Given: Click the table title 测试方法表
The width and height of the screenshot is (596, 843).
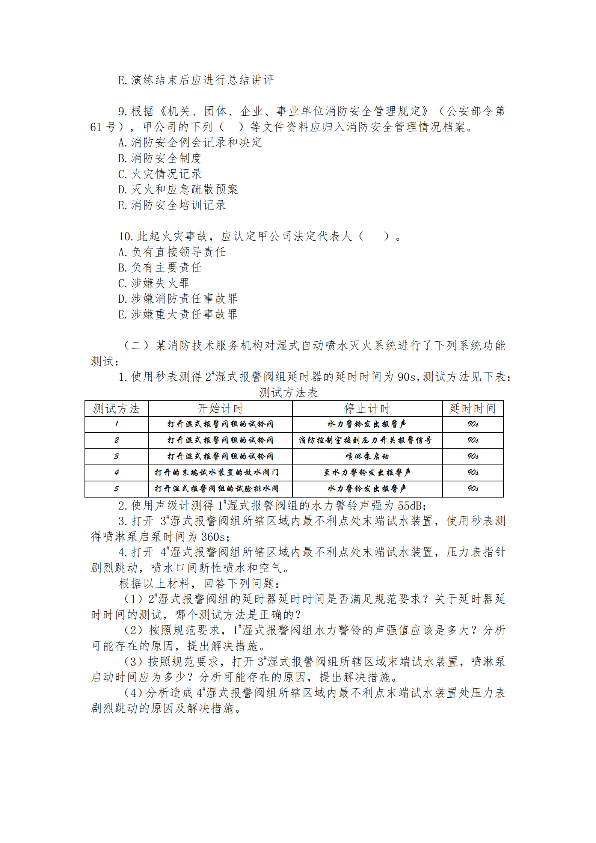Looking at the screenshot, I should click(288, 393).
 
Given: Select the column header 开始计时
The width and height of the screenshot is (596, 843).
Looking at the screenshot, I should click(220, 409).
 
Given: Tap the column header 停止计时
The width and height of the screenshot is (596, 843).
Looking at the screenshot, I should click(367, 409).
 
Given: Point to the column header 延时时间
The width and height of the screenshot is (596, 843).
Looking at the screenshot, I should click(472, 409).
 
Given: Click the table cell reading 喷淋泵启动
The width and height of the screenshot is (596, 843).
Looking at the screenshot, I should click(367, 457).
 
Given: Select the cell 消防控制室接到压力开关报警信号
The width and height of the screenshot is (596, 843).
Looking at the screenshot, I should click(365, 440).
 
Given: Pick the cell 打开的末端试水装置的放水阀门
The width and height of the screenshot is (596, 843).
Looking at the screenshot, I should click(217, 473).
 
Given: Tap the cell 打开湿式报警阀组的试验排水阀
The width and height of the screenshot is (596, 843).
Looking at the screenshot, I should click(217, 489).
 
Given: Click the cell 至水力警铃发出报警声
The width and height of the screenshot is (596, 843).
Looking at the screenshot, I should click(367, 473).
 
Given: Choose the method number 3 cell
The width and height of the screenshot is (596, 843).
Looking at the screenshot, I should click(116, 457).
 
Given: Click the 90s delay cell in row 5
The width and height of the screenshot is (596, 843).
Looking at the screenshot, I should click(472, 489).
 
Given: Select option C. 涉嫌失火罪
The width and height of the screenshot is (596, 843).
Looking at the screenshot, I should click(154, 283).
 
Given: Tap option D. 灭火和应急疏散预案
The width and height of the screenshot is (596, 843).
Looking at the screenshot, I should click(178, 190).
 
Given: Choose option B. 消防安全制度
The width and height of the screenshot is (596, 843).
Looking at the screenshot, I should click(160, 158).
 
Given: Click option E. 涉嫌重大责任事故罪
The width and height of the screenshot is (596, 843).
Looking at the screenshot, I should click(178, 314).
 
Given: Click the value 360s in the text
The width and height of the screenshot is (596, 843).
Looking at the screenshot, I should click(213, 537).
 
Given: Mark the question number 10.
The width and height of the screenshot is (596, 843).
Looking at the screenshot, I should click(125, 237).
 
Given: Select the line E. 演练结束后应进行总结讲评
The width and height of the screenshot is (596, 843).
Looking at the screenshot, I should click(196, 80).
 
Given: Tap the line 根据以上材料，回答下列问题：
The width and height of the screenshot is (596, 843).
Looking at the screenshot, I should click(199, 584).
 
